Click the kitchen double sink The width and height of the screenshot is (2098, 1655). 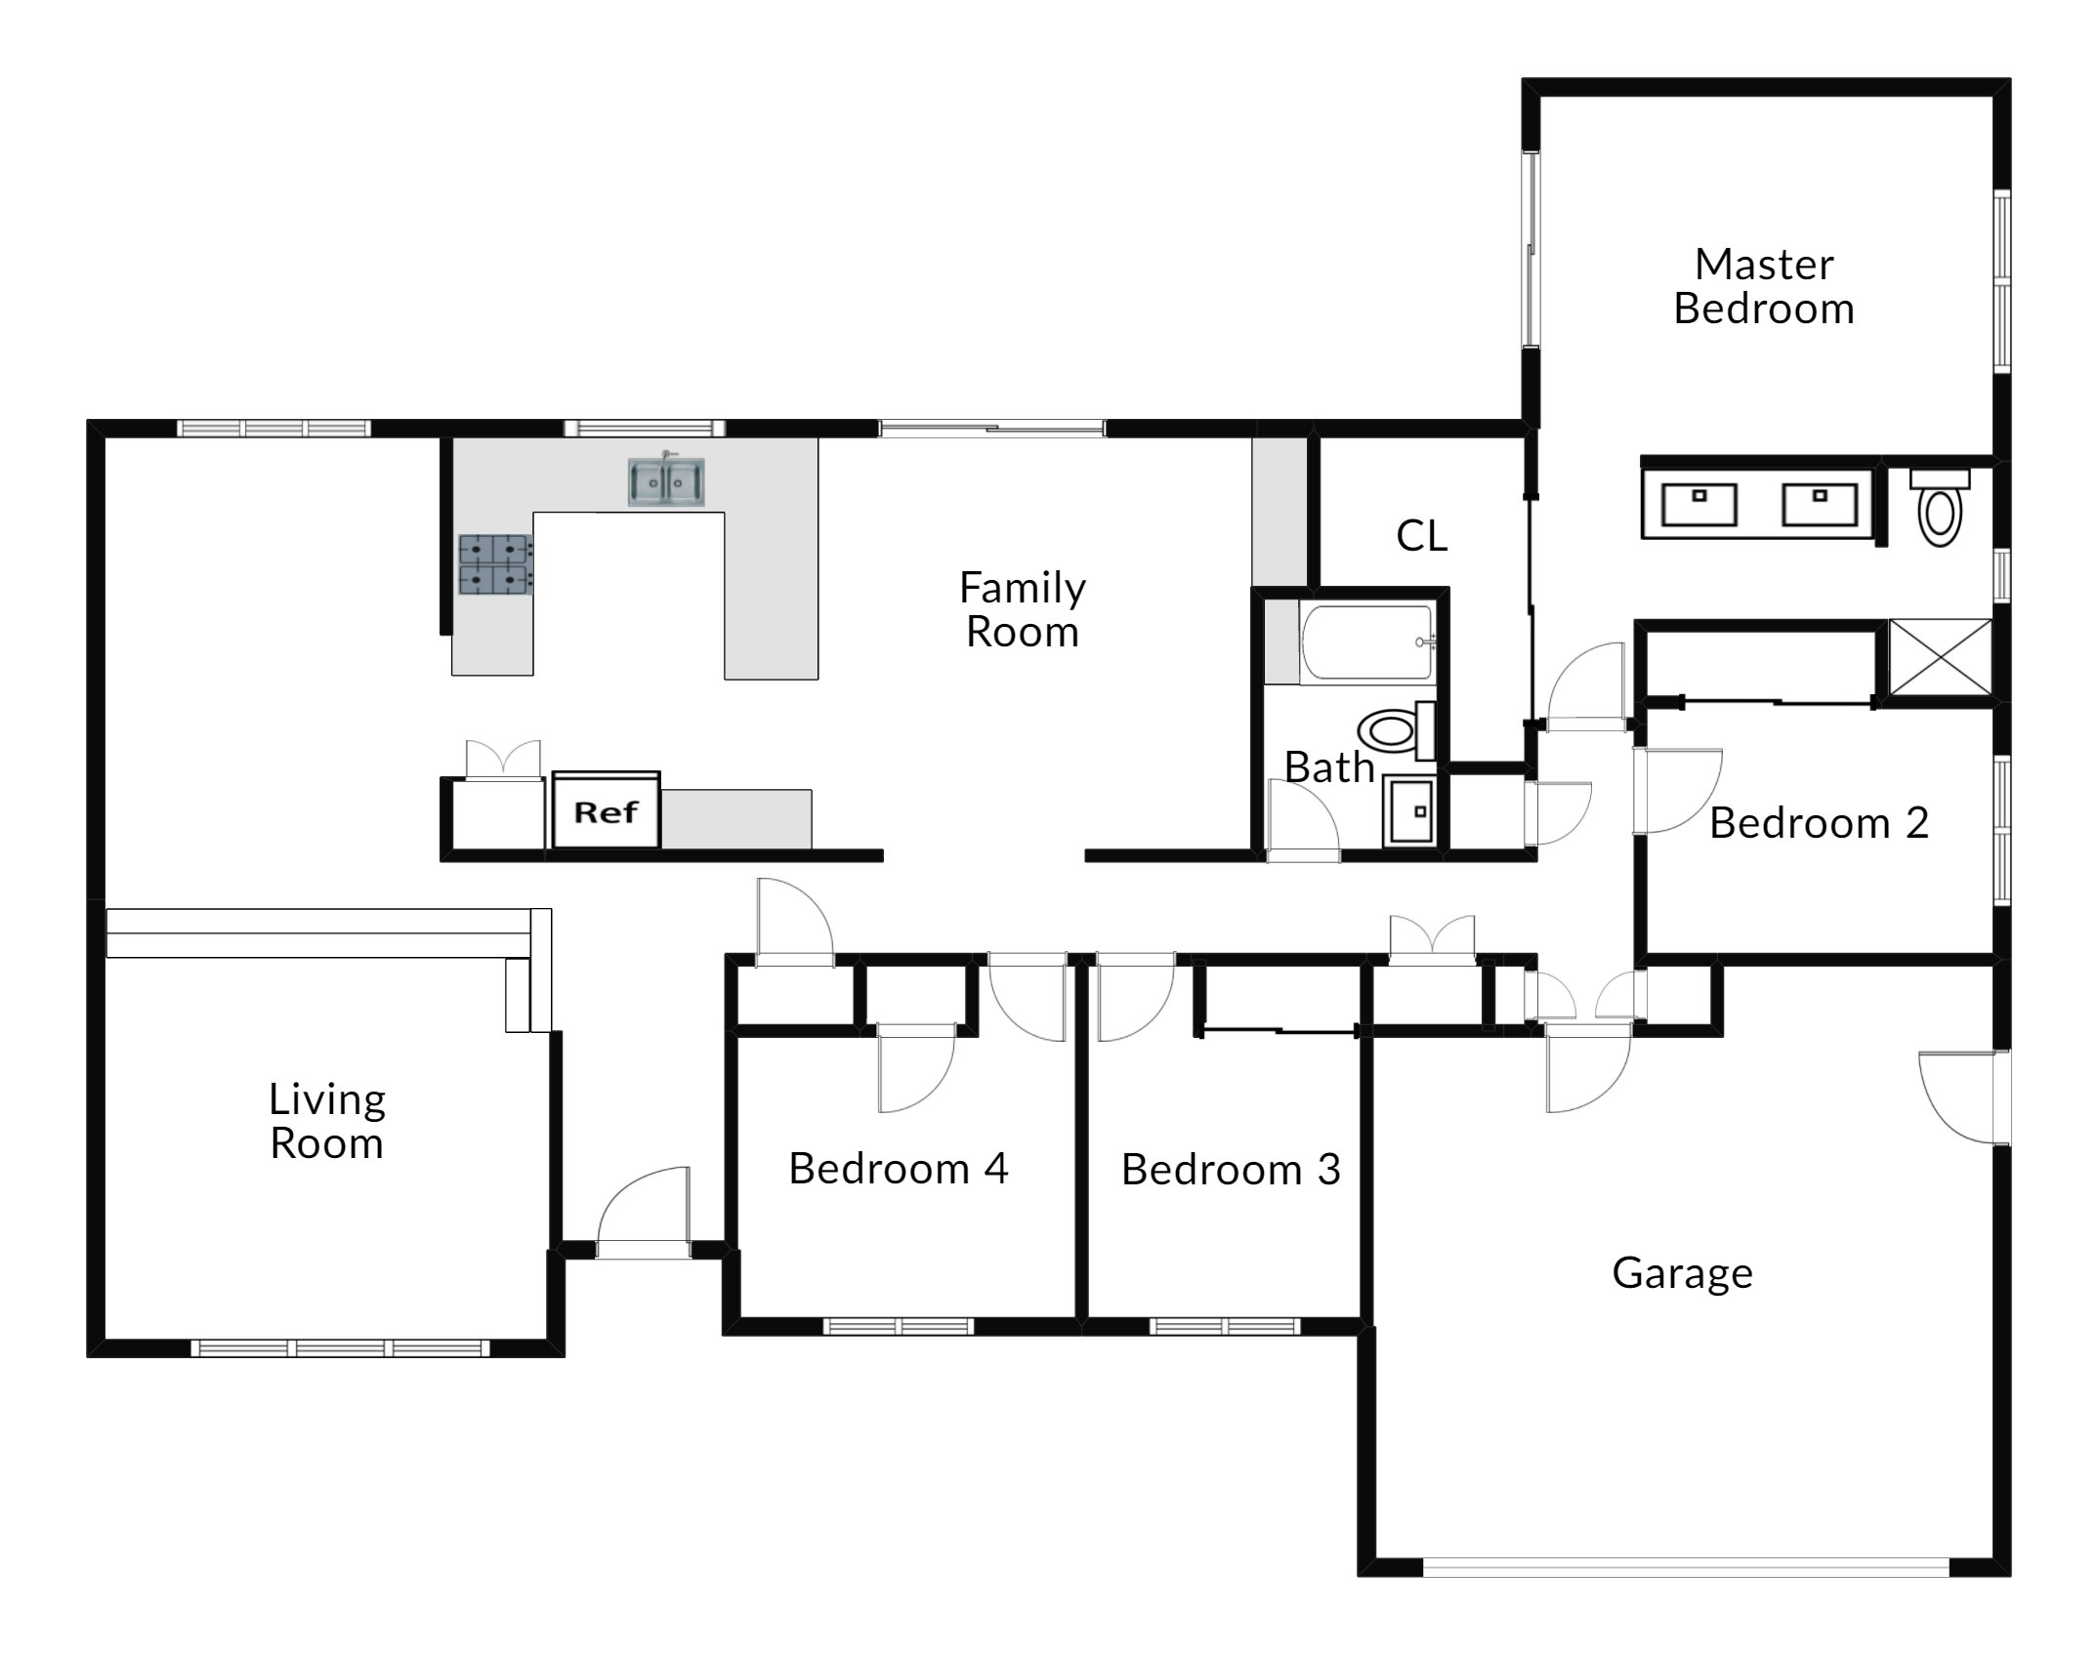click(x=665, y=481)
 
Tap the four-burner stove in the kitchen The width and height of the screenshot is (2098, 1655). click(x=496, y=564)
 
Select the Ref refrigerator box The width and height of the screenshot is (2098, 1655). click(x=607, y=810)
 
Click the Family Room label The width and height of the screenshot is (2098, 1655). click(x=1022, y=609)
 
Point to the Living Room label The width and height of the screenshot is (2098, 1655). click(x=327, y=1121)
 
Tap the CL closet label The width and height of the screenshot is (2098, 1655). click(x=1422, y=535)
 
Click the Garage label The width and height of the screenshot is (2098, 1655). click(x=1682, y=1273)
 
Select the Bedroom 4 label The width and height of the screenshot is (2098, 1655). click(x=899, y=1168)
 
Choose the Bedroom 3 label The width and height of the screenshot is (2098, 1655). click(x=1231, y=1169)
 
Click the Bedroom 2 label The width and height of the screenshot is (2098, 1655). click(x=1819, y=823)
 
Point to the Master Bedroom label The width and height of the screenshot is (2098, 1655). click(x=1764, y=286)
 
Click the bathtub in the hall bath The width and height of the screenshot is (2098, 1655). click(x=1366, y=641)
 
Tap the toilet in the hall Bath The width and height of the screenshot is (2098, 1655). click(x=1397, y=729)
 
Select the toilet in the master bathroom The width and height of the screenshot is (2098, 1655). click(x=1940, y=507)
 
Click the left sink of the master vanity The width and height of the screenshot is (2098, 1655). click(x=1699, y=503)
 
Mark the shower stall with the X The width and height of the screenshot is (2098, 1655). click(x=1941, y=658)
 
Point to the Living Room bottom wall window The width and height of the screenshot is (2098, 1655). click(x=340, y=1348)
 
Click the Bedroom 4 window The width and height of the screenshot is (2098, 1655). click(x=899, y=1326)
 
